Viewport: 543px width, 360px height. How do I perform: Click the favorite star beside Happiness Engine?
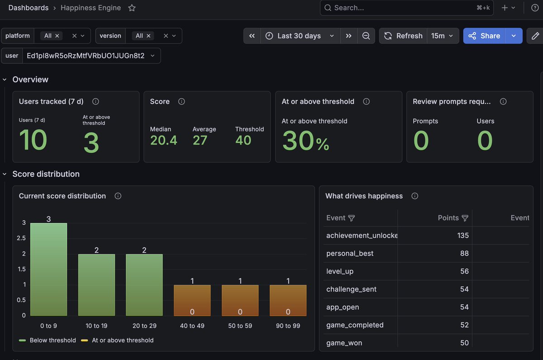point(132,8)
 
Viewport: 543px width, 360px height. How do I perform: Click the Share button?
point(484,36)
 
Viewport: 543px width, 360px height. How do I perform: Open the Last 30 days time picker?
point(300,36)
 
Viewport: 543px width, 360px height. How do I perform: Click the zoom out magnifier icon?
point(366,36)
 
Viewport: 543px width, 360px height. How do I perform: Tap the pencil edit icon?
point(535,36)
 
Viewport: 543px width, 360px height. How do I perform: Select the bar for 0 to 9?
point(49,269)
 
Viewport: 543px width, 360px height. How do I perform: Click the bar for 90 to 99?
point(288,300)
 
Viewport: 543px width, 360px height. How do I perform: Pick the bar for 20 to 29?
point(144,285)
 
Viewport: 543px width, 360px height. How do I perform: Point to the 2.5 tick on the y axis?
point(21,238)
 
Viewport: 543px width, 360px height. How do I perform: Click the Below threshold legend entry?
point(48,340)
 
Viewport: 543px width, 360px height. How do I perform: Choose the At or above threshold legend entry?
point(117,340)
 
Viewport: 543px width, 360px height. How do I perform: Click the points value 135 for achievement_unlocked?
point(463,235)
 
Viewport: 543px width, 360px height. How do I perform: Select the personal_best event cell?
point(350,253)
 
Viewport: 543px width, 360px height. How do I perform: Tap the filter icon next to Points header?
point(465,218)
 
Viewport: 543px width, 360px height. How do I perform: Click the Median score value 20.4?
point(164,140)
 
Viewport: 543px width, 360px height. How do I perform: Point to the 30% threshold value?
point(306,140)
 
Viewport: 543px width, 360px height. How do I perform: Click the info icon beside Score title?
point(181,101)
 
